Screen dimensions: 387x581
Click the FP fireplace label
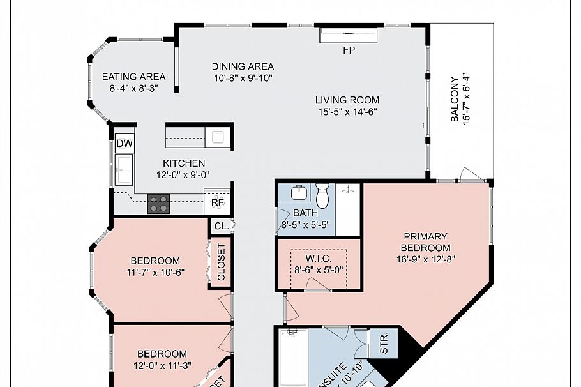(349, 50)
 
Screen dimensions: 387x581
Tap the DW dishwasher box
(124, 144)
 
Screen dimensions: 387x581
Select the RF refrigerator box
(218, 203)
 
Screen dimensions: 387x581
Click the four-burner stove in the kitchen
(159, 204)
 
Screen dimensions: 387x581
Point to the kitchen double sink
(123, 169)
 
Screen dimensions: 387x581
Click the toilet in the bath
(322, 194)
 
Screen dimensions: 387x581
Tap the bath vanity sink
(298, 193)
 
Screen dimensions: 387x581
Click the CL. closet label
(221, 225)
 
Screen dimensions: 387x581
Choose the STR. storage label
(384, 343)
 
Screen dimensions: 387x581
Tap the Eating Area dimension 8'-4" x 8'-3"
(133, 89)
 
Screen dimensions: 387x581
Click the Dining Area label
(243, 66)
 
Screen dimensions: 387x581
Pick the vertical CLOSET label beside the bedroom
(221, 262)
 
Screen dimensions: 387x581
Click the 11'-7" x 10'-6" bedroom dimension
(155, 273)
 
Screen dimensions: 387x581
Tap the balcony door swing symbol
(472, 174)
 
